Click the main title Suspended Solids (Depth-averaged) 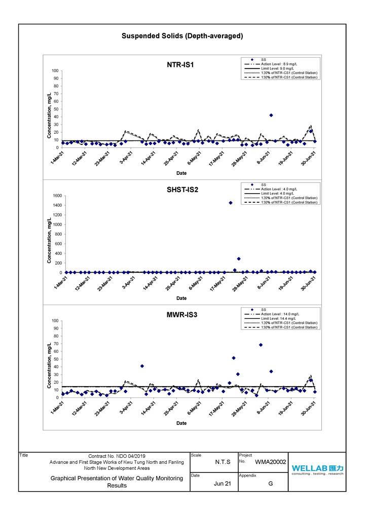[182, 36]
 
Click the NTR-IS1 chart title [180, 64]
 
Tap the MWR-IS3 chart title [181, 315]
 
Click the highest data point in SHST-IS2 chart [231, 203]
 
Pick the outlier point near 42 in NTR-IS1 [271, 115]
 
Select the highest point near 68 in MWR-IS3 [261, 345]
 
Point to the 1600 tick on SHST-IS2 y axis [56, 196]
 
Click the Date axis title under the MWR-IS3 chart [181, 423]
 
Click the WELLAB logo [317, 468]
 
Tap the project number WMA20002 [270, 462]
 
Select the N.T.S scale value [222, 462]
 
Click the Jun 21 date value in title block [222, 484]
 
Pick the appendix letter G [270, 484]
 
